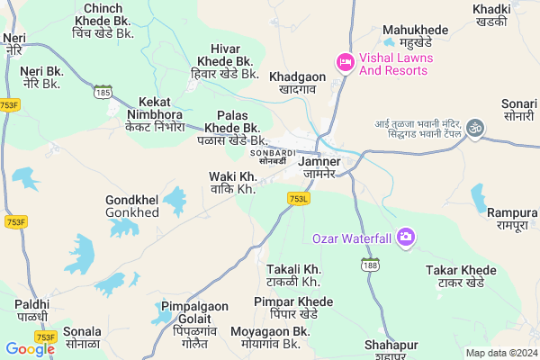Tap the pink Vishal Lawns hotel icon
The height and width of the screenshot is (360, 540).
(x=344, y=62)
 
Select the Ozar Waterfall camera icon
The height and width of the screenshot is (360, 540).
(x=406, y=238)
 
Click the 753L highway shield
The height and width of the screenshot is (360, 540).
(x=299, y=198)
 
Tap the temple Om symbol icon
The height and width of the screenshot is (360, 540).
(x=475, y=130)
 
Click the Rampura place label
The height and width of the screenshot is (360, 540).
(x=512, y=219)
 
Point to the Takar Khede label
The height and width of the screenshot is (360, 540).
(x=460, y=275)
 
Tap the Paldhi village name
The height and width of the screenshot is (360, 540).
(x=32, y=310)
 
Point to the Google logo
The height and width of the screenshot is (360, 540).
(x=30, y=348)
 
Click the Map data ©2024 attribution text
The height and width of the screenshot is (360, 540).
(x=500, y=353)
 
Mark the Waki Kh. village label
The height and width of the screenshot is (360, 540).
(x=232, y=183)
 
